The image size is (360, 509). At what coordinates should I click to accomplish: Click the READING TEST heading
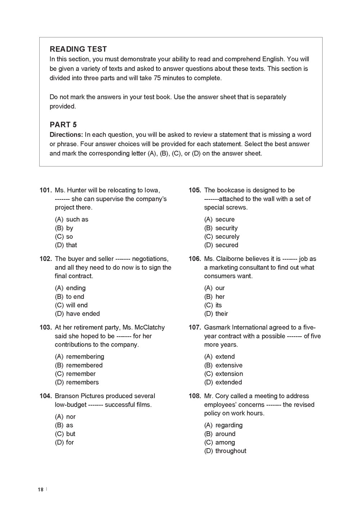coord(78,49)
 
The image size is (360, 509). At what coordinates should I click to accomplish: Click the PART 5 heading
coord(63,125)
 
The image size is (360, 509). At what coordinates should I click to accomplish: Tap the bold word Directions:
coord(66,135)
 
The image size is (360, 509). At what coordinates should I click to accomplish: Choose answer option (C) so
coord(64,237)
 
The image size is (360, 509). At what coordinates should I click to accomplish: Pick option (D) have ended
coord(77,314)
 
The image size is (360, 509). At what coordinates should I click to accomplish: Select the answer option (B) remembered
coord(78,365)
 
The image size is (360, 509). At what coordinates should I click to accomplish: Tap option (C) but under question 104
coord(65,434)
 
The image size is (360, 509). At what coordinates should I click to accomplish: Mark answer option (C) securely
coord(221,237)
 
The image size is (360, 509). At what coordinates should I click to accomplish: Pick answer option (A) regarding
coord(223,425)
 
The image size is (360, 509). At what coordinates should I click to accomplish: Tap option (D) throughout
coord(225,451)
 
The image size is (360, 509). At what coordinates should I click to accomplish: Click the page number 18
coord(40,490)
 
